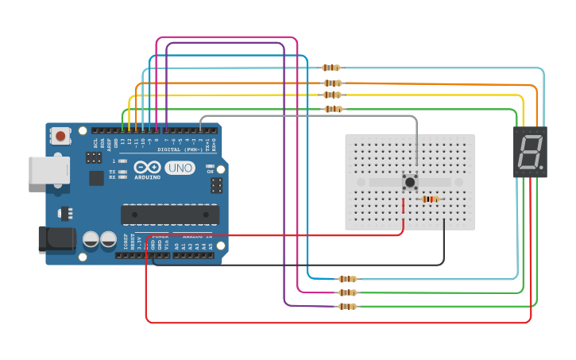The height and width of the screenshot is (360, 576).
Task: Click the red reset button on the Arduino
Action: point(61,137)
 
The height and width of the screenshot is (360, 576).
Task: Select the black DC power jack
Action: point(56,240)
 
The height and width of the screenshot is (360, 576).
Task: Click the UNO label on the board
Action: point(180,168)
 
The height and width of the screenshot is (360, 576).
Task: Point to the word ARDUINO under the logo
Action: point(148,177)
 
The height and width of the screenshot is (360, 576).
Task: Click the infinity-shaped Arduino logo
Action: point(148,167)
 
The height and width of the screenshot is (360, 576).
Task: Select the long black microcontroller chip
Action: point(169,215)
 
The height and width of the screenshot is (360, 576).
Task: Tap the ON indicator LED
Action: point(210,169)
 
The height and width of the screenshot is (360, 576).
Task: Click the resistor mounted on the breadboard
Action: point(430,199)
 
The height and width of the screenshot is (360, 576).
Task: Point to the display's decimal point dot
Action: point(541,168)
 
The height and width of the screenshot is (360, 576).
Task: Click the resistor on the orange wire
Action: point(332,83)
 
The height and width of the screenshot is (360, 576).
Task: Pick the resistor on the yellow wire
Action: point(332,95)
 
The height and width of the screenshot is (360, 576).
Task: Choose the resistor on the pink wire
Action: point(347,292)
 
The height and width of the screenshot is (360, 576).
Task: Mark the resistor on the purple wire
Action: point(347,306)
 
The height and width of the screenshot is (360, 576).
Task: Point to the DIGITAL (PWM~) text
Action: point(180,149)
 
